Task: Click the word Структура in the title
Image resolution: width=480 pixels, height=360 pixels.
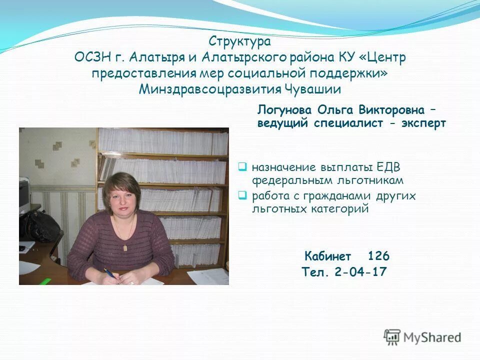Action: (240, 40)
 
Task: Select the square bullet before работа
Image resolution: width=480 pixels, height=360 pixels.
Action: (242, 195)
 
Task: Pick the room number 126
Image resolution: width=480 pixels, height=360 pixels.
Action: (378, 256)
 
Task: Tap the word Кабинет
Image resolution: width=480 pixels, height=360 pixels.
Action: (328, 257)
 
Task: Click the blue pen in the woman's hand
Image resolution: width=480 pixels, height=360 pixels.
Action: (110, 273)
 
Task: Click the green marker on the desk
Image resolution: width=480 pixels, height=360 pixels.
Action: (45, 281)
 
